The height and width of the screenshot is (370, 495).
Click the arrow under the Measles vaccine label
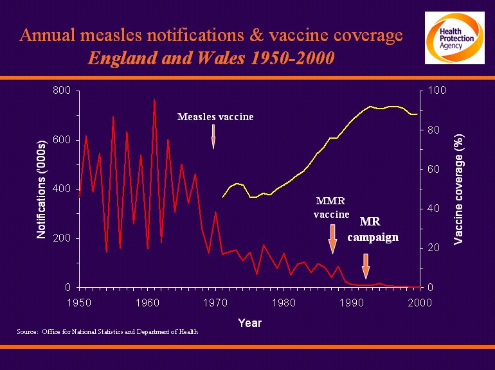[x=213, y=136]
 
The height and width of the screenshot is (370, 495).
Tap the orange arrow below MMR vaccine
[x=332, y=238]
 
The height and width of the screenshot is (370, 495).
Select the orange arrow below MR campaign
[x=366, y=265]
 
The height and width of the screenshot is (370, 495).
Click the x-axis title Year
[x=249, y=322]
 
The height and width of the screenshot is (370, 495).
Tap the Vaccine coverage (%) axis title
[x=458, y=189]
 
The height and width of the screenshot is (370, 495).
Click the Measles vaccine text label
[x=215, y=117]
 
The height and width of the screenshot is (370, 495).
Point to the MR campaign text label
[x=373, y=229]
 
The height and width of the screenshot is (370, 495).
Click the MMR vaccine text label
[x=332, y=207]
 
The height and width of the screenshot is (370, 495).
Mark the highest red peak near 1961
[x=154, y=100]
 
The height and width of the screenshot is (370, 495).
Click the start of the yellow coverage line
[x=223, y=197]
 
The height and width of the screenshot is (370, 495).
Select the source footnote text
[x=107, y=332]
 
